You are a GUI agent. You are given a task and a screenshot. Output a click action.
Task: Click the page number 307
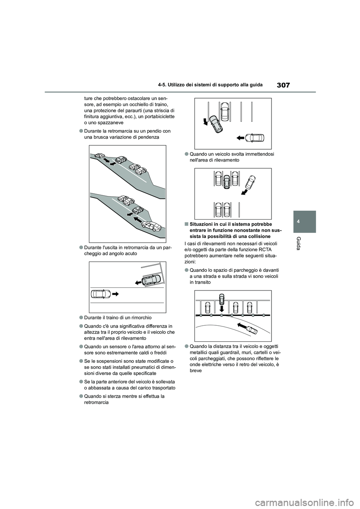(x=283, y=85)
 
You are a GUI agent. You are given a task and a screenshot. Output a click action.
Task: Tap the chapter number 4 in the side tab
(x=304, y=221)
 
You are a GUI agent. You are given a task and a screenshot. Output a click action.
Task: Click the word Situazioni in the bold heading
(x=200, y=224)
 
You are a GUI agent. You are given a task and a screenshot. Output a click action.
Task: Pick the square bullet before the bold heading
(x=186, y=224)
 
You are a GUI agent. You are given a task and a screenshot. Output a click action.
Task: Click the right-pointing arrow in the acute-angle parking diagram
(x=115, y=294)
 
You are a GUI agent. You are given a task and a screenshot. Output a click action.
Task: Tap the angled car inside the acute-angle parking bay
(x=150, y=280)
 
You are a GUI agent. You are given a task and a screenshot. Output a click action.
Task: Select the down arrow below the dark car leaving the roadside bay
(x=222, y=308)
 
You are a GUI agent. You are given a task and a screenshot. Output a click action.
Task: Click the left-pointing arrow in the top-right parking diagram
(x=241, y=138)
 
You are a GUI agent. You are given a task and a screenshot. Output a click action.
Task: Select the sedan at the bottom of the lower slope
(x=151, y=226)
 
